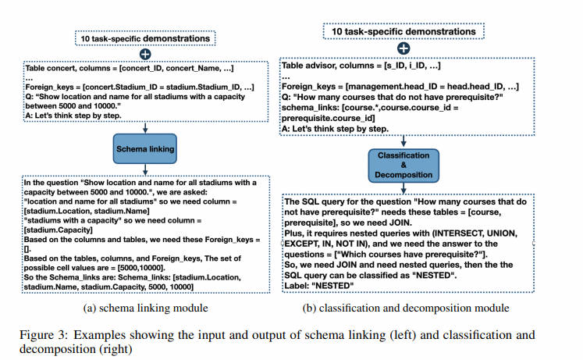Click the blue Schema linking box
click(x=145, y=148)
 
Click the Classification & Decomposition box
click(x=403, y=166)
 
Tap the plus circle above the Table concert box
click(x=145, y=55)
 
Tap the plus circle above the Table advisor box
click(x=403, y=48)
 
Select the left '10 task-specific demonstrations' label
click(x=145, y=39)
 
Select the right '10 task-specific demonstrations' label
click(x=403, y=31)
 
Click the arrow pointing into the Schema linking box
click(x=145, y=127)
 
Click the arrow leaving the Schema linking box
click(x=145, y=169)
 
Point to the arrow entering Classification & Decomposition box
click(x=403, y=141)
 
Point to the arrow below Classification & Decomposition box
click(x=403, y=188)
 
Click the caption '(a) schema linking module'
click(x=145, y=308)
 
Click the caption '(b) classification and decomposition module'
click(x=406, y=308)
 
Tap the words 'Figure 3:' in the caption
click(x=44, y=335)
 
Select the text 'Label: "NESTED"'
click(x=319, y=286)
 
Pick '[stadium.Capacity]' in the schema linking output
click(x=59, y=230)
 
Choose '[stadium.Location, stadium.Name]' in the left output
click(x=87, y=212)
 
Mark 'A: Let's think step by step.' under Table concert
click(x=73, y=116)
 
